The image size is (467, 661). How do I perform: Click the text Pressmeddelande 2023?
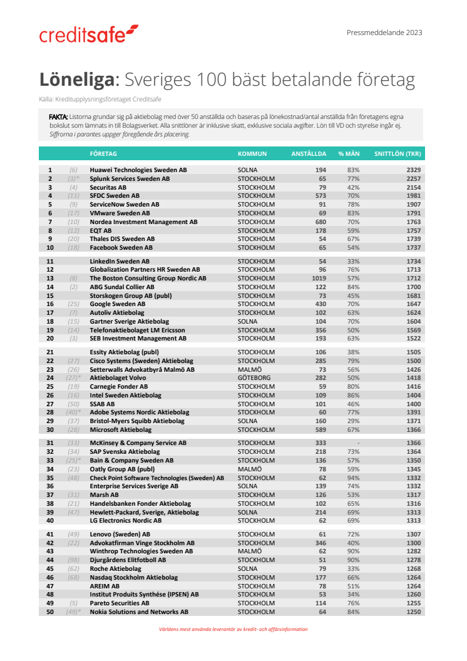tap(384, 33)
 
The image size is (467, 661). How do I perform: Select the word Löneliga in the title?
tap(78, 80)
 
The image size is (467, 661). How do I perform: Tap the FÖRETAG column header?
tap(103, 153)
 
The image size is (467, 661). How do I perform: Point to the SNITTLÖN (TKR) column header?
tap(397, 153)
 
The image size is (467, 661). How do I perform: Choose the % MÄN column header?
tap(349, 153)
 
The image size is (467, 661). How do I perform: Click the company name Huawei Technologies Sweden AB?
tap(138, 170)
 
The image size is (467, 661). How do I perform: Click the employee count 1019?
tap(320, 278)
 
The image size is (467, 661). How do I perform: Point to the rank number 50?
tap(50, 612)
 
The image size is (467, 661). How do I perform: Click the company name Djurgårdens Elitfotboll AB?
tap(128, 560)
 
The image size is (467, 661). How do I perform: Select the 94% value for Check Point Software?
tap(353, 478)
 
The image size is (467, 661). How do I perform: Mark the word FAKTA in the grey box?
tap(58, 117)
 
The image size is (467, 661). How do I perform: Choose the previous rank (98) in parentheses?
tap(73, 560)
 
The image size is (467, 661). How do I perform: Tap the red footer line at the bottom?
tap(233, 629)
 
